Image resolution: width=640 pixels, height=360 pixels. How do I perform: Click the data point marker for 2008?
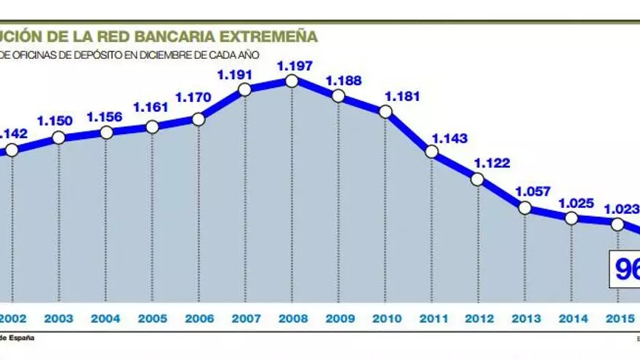point(292,80)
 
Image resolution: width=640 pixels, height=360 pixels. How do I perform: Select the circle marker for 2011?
point(431,151)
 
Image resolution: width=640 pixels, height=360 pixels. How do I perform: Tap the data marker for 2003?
point(60,137)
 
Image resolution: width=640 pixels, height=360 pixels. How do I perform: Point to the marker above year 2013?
point(524,208)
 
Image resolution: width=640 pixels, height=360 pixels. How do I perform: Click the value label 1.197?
point(295,65)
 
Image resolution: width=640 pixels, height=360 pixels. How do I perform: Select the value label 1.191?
point(235,74)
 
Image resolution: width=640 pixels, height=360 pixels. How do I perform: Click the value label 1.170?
point(193,96)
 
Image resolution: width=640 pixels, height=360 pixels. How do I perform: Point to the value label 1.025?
point(577,204)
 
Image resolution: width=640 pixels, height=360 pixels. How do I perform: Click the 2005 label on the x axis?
point(152,319)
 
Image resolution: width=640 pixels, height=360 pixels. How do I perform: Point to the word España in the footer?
point(21,337)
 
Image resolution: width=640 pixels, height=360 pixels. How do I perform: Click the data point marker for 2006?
point(199,119)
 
